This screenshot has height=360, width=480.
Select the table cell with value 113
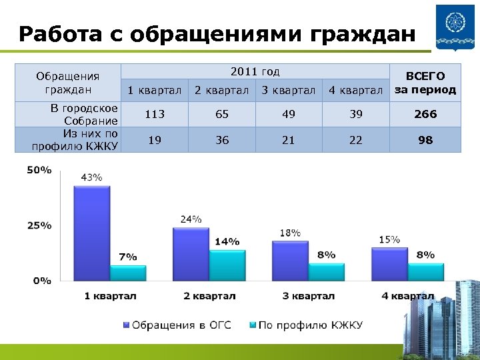pos(155,114)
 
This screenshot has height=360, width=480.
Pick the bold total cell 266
pos(425,114)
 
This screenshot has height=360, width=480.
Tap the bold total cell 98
pos(425,140)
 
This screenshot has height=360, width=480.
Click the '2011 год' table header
pos(255,72)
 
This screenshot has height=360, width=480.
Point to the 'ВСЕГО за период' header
pos(425,83)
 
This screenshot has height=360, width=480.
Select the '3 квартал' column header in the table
pos(288,90)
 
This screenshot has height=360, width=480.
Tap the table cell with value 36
pos(221,140)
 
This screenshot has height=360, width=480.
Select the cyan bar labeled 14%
pos(227,265)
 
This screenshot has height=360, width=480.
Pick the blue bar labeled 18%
pos(290,261)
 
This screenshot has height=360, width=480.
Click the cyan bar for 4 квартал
pos(425,272)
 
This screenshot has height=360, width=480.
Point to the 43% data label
pos(91,177)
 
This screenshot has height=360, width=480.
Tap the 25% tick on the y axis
pos(39,225)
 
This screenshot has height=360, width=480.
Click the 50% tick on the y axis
pos(39,170)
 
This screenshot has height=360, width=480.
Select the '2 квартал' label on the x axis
pos(209,296)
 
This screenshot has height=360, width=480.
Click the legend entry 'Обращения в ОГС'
pos(177,325)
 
